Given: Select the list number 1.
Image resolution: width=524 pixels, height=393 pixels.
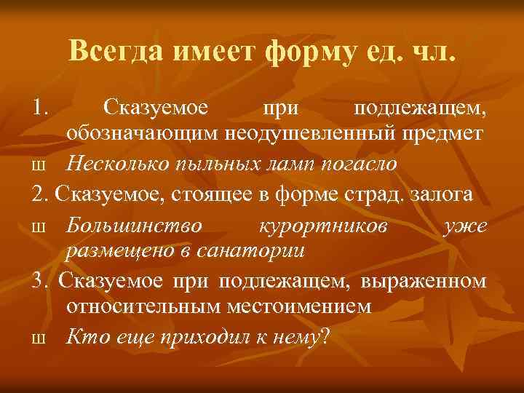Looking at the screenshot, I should click(x=39, y=109).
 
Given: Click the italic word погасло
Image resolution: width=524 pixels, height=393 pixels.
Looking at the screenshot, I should click(x=362, y=164).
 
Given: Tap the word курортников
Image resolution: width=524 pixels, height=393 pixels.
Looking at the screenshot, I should click(x=323, y=225).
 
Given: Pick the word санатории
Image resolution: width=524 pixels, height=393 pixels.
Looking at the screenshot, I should click(x=264, y=250).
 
